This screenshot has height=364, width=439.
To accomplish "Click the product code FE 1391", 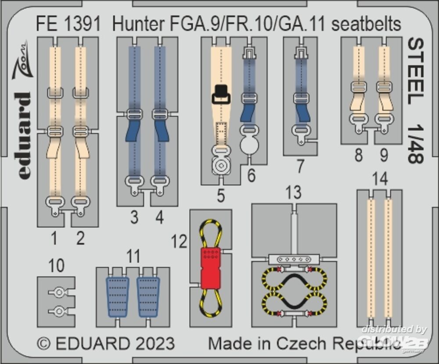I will [x=69, y=25].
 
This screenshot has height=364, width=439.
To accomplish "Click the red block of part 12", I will [x=211, y=268].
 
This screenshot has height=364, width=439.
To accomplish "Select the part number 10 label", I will [x=57, y=266].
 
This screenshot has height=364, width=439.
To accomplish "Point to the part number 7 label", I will [x=300, y=166].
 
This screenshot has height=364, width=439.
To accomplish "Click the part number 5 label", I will [x=221, y=196].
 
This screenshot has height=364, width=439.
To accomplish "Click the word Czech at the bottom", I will [x=312, y=343].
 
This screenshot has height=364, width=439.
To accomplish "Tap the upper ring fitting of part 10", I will [x=58, y=291].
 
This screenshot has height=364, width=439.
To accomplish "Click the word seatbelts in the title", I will [x=366, y=25].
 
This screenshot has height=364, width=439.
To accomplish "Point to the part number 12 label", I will [x=180, y=241].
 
